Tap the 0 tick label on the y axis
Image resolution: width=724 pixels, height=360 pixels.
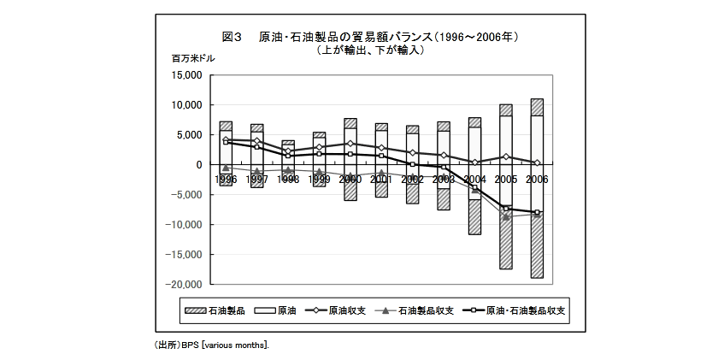click(x=197, y=165)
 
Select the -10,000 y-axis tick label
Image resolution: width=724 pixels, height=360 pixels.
click(x=184, y=225)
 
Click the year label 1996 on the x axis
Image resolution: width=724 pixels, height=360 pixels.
click(x=226, y=180)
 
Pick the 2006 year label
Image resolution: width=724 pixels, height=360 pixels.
click(x=536, y=180)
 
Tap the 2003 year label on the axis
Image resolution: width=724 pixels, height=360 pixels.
click(x=443, y=180)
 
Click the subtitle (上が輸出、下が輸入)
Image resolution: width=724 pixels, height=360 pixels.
click(x=370, y=50)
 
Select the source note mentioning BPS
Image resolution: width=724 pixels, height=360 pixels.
click(x=210, y=345)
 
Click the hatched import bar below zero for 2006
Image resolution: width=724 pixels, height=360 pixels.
click(x=537, y=248)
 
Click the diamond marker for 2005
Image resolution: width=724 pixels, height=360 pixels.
click(x=506, y=156)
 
